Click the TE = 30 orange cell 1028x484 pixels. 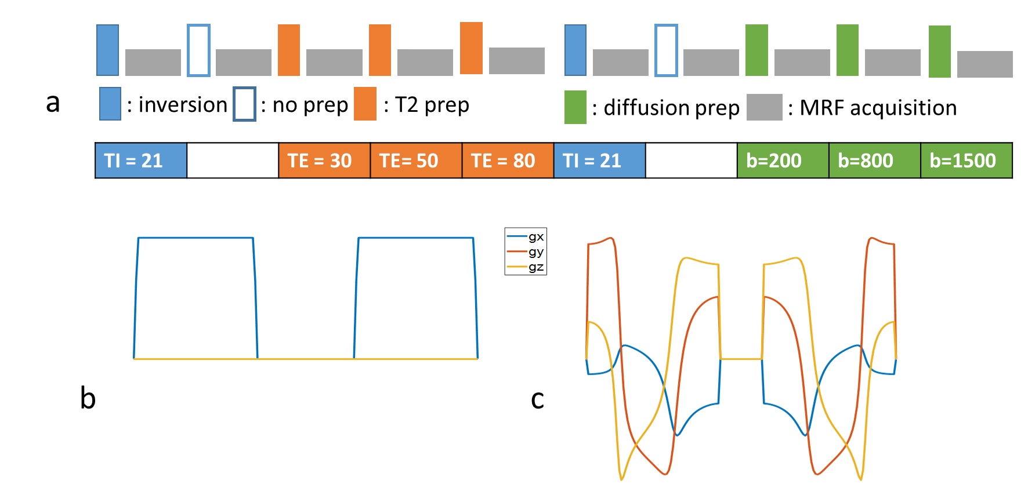(324, 161)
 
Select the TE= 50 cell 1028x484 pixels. (416, 161)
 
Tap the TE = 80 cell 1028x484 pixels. (508, 161)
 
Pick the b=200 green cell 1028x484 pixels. (783, 161)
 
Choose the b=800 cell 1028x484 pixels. (874, 161)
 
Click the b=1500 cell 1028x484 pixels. (966, 161)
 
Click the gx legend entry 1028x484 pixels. (526, 236)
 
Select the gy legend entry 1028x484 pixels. (526, 252)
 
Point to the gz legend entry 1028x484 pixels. (526, 267)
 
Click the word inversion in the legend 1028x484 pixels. (183, 105)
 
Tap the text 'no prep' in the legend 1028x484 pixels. (310, 105)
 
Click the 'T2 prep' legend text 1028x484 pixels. (429, 105)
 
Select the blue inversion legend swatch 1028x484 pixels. (110, 104)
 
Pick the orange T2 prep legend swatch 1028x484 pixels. (365, 104)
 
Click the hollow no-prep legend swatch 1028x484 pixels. (244, 104)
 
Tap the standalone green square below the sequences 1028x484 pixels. (575, 107)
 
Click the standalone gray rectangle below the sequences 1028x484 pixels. (764, 107)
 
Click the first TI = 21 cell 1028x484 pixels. (141, 161)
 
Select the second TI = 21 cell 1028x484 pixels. (599, 161)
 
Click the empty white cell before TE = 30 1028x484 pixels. (233, 161)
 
